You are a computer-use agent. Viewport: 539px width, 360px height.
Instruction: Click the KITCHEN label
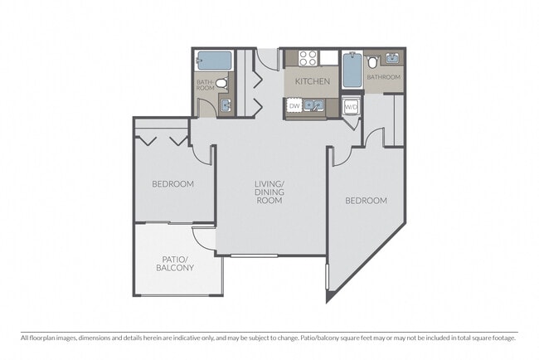point(312,81)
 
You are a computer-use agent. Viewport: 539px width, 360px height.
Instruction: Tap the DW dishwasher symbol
point(294,106)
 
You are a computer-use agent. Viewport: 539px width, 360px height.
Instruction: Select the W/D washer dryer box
point(351,106)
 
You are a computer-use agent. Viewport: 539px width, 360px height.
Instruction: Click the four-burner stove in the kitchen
point(308,58)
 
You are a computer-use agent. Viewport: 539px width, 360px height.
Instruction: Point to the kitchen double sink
point(313,106)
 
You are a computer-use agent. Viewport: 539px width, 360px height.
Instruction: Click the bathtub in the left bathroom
point(213,61)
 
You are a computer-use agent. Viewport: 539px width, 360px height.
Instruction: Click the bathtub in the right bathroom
point(352,71)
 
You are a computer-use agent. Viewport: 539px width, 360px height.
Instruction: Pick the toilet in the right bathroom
point(373,61)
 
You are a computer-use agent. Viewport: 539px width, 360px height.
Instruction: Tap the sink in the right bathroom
point(392,60)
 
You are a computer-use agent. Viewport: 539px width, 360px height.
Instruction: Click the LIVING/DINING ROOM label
point(269,192)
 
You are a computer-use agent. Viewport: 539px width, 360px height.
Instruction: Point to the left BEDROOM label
point(172,183)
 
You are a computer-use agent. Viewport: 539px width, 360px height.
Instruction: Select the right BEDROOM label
point(366,201)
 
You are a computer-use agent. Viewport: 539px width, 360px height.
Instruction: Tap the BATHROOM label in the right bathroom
point(384,77)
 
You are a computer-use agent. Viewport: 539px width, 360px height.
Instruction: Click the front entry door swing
point(267,59)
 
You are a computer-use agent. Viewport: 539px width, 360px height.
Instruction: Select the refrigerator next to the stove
point(330,58)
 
